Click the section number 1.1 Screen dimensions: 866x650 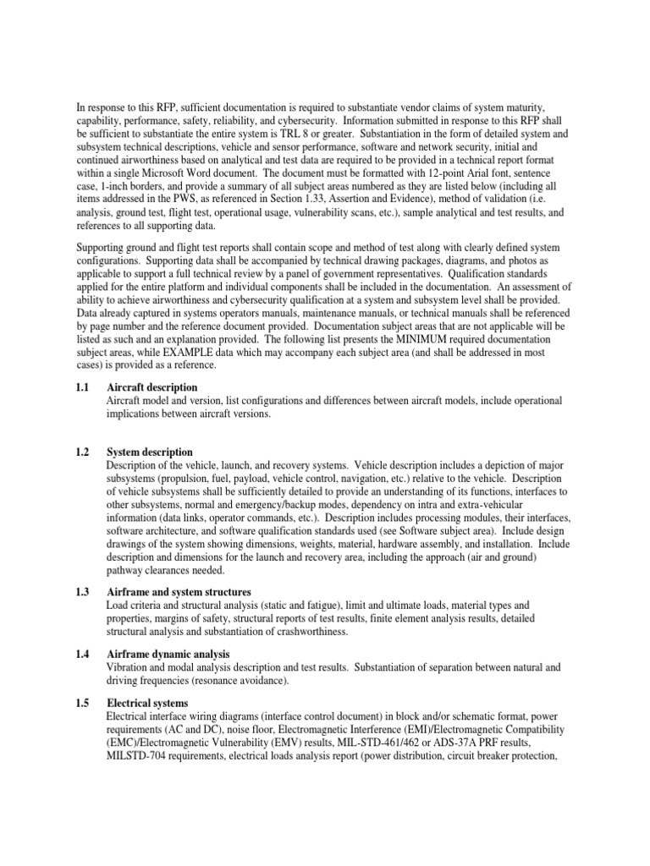click(84, 386)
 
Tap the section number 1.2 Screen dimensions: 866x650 click(84, 452)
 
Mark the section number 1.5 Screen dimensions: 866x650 click(84, 703)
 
